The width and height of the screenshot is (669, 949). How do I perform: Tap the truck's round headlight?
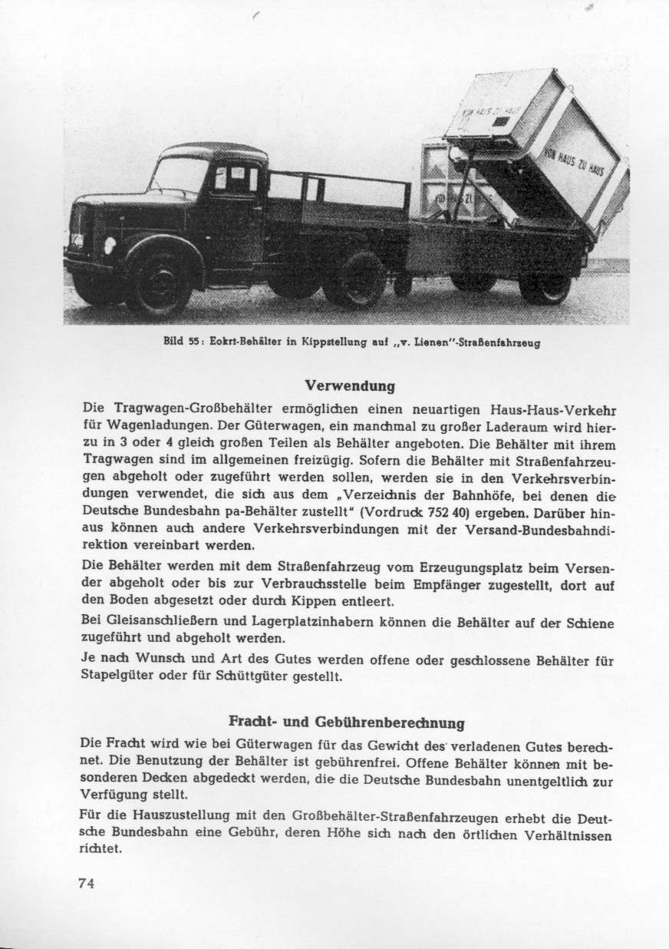pyautogui.click(x=110, y=245)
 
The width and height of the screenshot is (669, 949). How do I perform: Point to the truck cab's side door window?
pyautogui.click(x=236, y=180)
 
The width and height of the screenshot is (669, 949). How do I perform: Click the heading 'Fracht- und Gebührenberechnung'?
pyautogui.click(x=347, y=722)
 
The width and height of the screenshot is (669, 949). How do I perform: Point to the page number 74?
pyautogui.click(x=87, y=883)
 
